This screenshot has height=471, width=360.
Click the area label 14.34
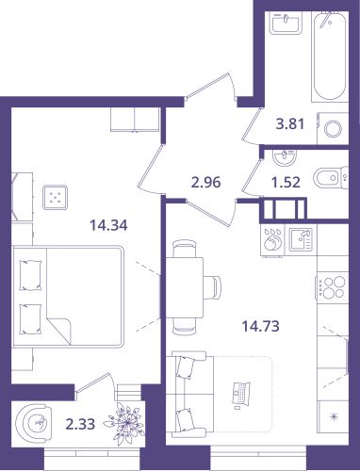[108, 225]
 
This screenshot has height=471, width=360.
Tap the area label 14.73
[260, 326]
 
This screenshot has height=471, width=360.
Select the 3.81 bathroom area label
[290, 124]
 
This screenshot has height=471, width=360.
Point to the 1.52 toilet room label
[286, 182]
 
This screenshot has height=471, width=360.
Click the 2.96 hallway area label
[206, 182]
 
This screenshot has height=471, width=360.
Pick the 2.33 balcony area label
[80, 424]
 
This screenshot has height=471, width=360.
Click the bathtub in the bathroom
[330, 56]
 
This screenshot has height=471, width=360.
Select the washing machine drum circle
[333, 129]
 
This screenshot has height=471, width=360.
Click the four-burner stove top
[333, 288]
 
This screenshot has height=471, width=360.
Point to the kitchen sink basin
[301, 239]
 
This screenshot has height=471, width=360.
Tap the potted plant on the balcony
[125, 422]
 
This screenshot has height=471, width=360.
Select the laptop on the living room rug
[241, 394]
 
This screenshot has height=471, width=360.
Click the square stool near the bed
[56, 198]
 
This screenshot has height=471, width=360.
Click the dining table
[185, 287]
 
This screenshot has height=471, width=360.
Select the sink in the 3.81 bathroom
[286, 22]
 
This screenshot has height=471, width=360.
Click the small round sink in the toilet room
[285, 157]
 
